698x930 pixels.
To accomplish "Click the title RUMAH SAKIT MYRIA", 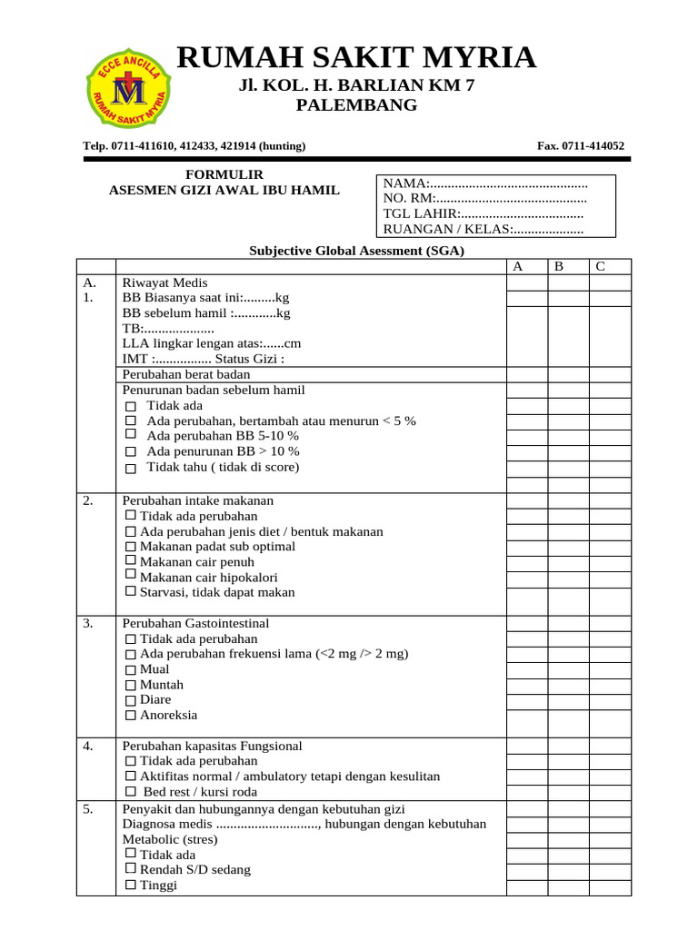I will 355,58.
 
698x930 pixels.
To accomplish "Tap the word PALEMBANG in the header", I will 357,105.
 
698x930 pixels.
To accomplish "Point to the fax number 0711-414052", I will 581,145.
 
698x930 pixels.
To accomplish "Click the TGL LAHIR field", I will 483,214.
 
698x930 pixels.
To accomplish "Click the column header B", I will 559,266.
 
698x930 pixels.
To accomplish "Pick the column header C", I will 600,266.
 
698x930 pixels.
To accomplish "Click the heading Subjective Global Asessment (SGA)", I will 356,251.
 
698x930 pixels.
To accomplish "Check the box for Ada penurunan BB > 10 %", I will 130,452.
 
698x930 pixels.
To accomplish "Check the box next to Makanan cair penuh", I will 131,562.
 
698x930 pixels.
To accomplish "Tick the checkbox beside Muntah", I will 131,685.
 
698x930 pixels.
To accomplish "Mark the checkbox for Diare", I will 131,700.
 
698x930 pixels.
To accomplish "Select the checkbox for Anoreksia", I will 131,716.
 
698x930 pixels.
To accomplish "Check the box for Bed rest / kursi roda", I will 131,792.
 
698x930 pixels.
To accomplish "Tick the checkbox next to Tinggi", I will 131,885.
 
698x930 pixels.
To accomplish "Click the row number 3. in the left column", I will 88,624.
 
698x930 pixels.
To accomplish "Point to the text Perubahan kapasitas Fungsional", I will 212,746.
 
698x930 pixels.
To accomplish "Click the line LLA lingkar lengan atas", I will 211,343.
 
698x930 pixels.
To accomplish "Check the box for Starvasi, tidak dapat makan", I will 131,592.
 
